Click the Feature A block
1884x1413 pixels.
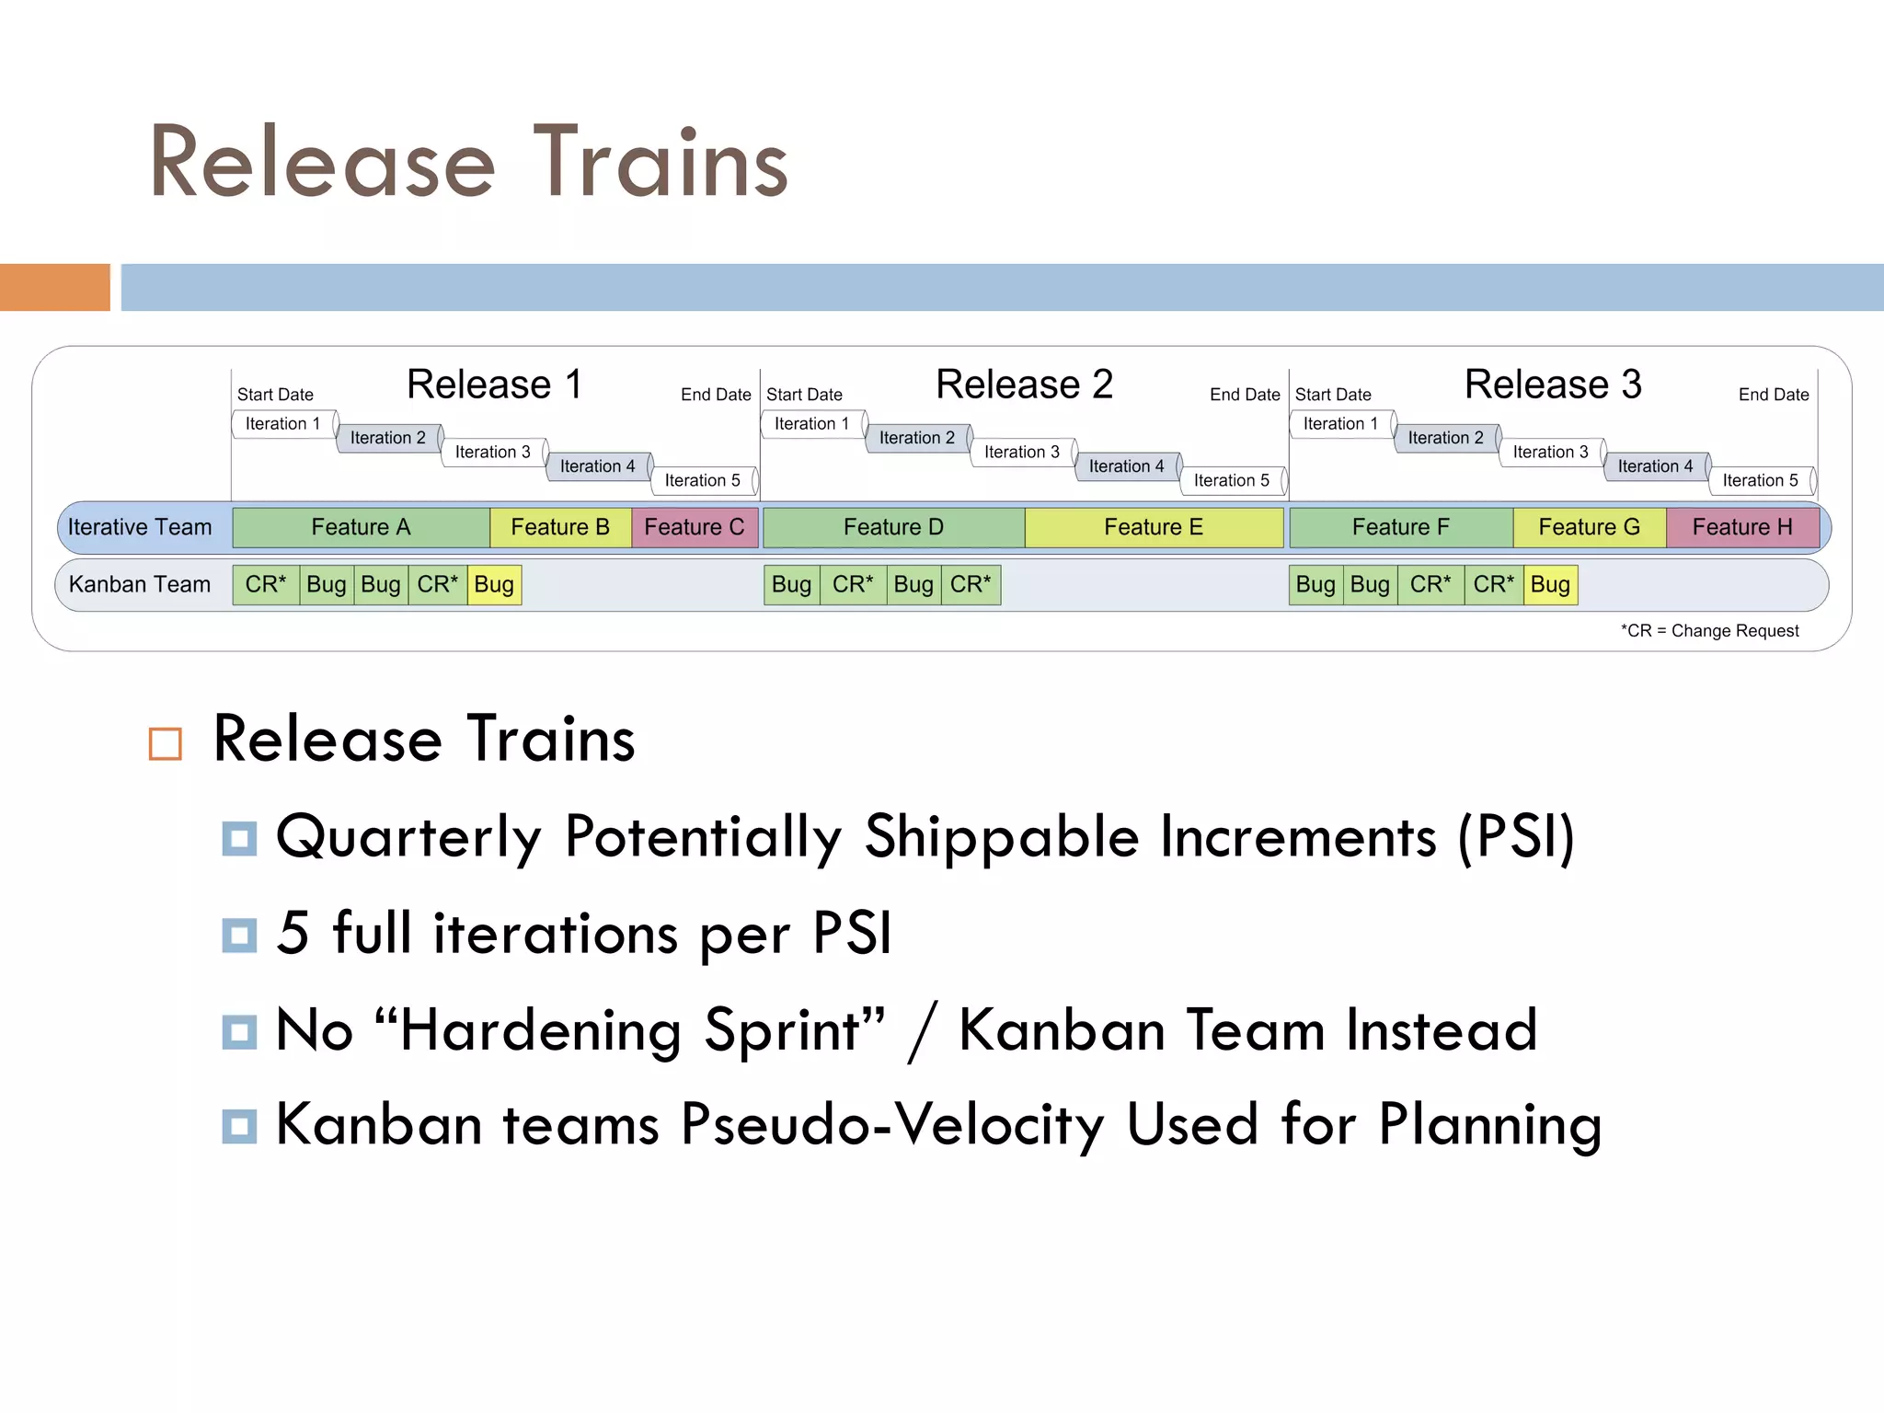pyautogui.click(x=361, y=527)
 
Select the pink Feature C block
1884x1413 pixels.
pyautogui.click(x=695, y=527)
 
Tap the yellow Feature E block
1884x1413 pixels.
pyautogui.click(x=1154, y=527)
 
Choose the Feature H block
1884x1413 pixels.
pyautogui.click(x=1742, y=527)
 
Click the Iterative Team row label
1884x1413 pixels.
pyautogui.click(x=140, y=527)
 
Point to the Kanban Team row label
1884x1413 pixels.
pyautogui.click(x=140, y=584)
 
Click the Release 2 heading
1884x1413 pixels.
pyautogui.click(x=1024, y=385)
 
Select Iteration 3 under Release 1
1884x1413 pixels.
pyautogui.click(x=493, y=452)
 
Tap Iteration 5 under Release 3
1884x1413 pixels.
pyautogui.click(x=1760, y=480)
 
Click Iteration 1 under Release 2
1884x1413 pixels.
pyautogui.click(x=811, y=423)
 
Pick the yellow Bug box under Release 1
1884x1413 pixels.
pyautogui.click(x=494, y=584)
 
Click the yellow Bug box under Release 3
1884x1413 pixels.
pyautogui.click(x=1550, y=584)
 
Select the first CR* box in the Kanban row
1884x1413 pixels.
pyautogui.click(x=266, y=584)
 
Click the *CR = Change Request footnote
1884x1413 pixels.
pyautogui.click(x=1709, y=631)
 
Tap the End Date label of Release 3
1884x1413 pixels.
pyautogui.click(x=1773, y=395)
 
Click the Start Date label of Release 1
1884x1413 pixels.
pyautogui.click(x=275, y=395)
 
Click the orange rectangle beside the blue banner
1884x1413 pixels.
pyautogui.click(x=54, y=287)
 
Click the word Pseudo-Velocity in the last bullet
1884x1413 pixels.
pyautogui.click(x=891, y=1124)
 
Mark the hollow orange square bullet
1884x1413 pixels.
pyautogui.click(x=166, y=743)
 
